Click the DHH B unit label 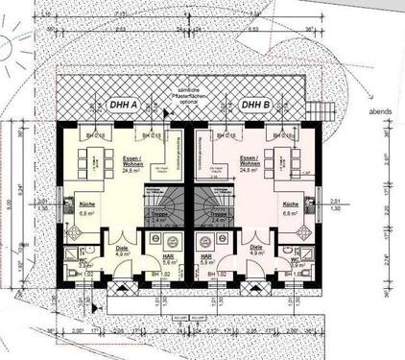click(x=254, y=105)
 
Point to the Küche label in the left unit click(x=85, y=205)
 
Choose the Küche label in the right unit click(x=291, y=205)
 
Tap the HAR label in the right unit click(x=205, y=257)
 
